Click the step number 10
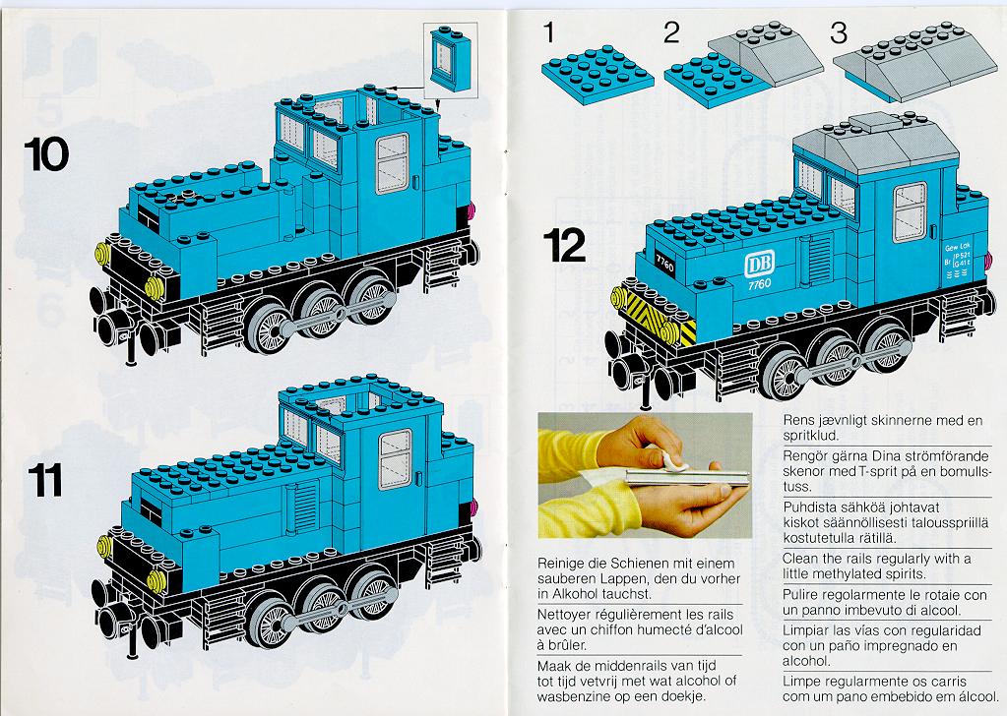[x=46, y=154]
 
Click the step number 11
[x=45, y=481]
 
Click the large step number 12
[x=564, y=246]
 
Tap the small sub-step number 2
[x=671, y=32]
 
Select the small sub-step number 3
[x=838, y=32]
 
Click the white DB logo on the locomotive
[x=759, y=264]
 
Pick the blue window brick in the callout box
[x=450, y=58]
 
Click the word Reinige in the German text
[x=561, y=564]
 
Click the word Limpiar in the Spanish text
[x=806, y=631]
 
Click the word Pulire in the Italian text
[x=800, y=595]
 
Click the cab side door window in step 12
[x=910, y=211]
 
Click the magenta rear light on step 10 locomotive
[x=473, y=210]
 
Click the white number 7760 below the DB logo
[x=759, y=284]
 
